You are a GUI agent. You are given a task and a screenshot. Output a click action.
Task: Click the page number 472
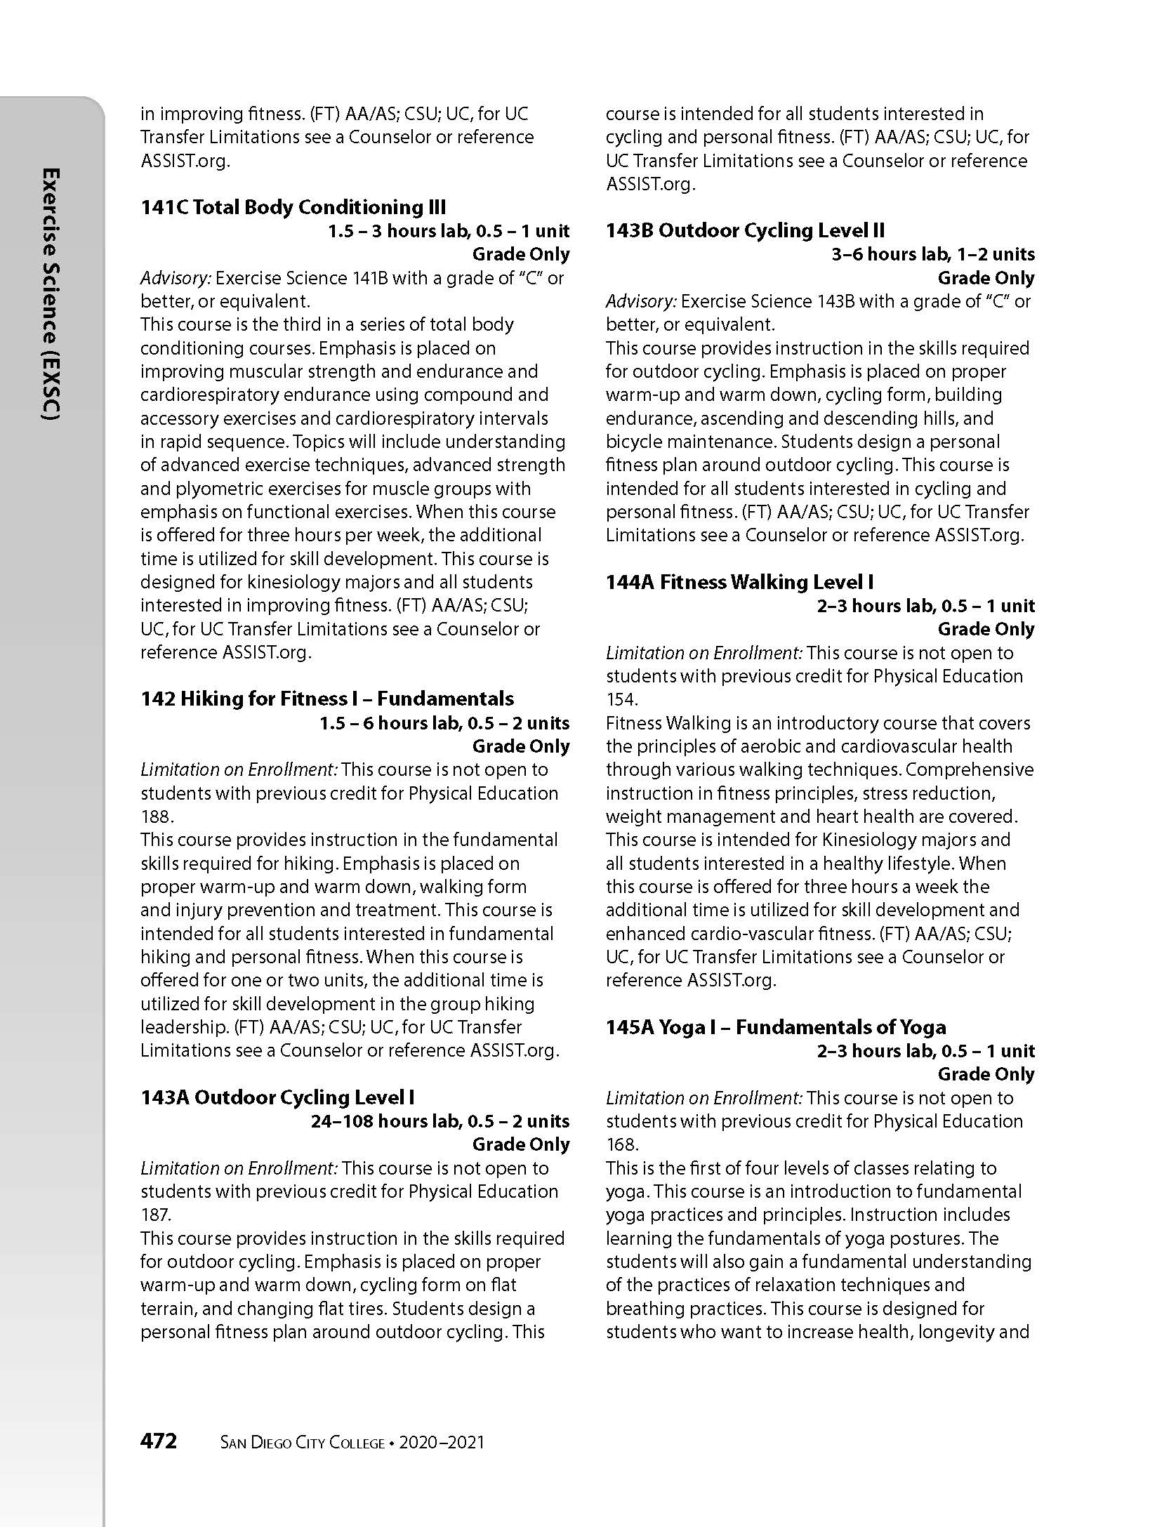click(159, 1441)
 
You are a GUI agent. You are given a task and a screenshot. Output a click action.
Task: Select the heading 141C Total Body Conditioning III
click(293, 207)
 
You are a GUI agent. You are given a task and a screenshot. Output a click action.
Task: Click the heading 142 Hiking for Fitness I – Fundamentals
click(327, 699)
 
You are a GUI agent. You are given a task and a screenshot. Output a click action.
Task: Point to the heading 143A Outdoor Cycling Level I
click(277, 1097)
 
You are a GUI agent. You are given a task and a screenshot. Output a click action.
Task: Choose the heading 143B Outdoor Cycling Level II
click(745, 230)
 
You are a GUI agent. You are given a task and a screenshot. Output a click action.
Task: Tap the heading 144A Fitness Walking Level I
click(740, 582)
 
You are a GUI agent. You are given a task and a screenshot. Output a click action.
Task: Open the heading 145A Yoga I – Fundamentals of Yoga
click(776, 1027)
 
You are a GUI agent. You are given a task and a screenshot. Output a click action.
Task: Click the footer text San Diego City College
click(303, 1443)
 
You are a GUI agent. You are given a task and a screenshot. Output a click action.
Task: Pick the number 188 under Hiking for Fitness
click(156, 817)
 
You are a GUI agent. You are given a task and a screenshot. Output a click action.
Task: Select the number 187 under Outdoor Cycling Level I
click(155, 1215)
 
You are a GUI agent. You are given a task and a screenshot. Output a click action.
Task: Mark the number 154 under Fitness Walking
click(621, 699)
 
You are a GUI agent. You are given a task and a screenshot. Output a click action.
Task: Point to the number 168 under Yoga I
click(621, 1144)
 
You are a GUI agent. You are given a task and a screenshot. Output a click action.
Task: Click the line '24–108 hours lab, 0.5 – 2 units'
click(440, 1121)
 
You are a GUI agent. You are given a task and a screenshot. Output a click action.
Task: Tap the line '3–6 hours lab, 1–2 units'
click(932, 254)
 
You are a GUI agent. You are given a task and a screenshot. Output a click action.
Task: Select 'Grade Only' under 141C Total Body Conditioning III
click(520, 254)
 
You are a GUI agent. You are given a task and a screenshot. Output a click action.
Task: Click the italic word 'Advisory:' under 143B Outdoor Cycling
click(641, 301)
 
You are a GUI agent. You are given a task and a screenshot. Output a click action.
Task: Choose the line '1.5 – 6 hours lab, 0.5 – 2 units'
click(444, 723)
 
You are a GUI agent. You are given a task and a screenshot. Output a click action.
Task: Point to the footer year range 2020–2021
click(442, 1443)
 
